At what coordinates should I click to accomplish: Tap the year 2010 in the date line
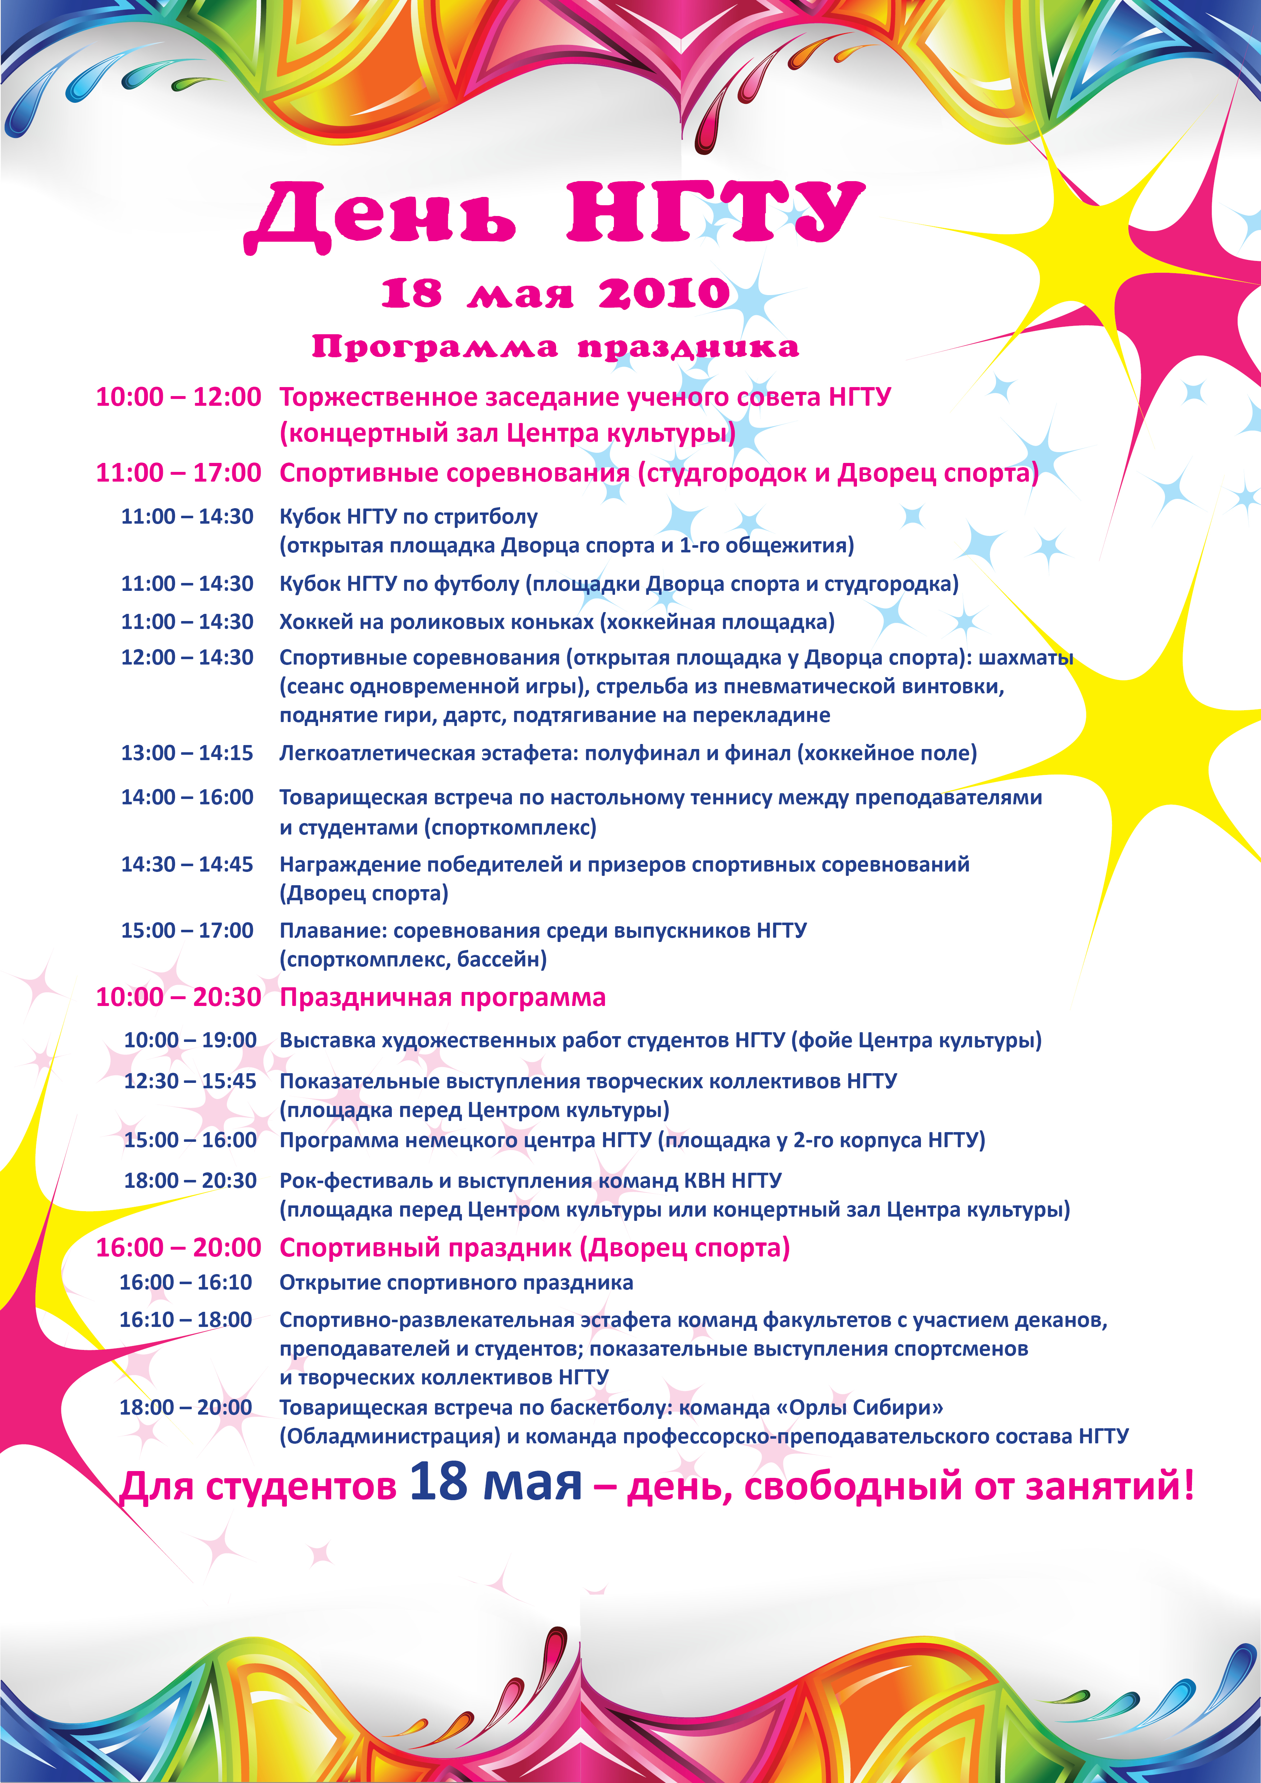click(664, 294)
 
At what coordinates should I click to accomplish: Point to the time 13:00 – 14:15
click(186, 753)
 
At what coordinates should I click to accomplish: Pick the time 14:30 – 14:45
click(186, 864)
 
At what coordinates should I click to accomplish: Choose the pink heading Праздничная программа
click(443, 997)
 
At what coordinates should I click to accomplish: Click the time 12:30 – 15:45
click(190, 1081)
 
